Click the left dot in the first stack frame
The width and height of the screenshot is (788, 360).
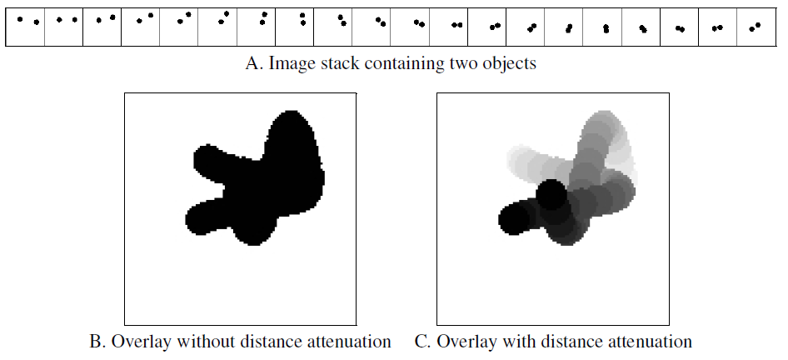tap(20, 19)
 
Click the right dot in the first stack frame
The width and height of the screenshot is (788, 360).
tap(36, 22)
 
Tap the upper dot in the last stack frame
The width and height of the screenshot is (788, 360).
tap(758, 25)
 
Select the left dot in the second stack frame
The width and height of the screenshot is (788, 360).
tap(59, 20)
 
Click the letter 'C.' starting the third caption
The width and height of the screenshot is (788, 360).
tap(422, 342)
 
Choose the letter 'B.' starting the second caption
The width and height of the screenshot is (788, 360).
tap(97, 342)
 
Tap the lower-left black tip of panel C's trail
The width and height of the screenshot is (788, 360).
tap(512, 218)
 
